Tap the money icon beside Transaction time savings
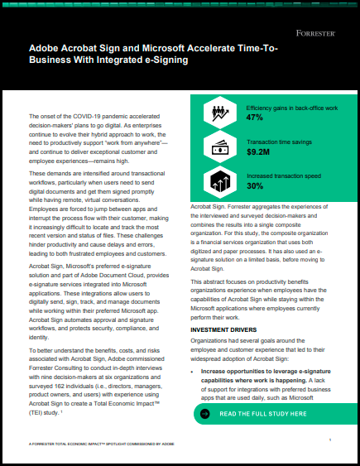tap(221, 147)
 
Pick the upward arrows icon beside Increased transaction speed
tap(221, 180)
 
